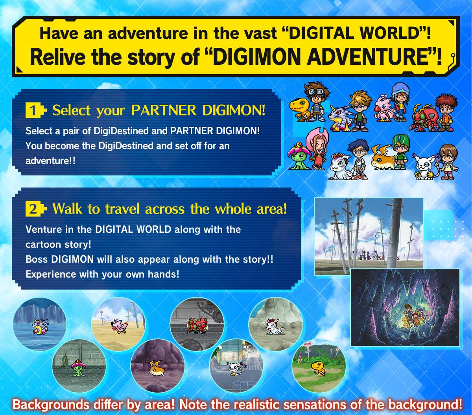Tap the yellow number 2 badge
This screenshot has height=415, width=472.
tap(33, 209)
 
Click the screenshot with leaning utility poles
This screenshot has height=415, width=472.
tap(369, 236)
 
